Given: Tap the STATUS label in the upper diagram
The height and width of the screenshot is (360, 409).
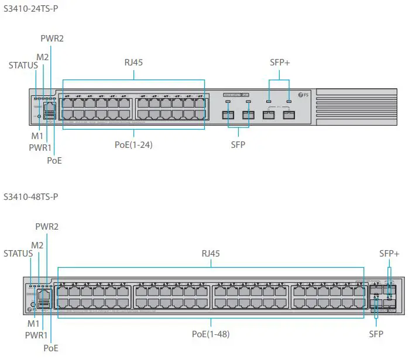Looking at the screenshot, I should pyautogui.click(x=23, y=65).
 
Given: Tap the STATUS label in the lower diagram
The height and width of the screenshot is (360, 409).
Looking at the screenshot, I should pyautogui.click(x=18, y=254).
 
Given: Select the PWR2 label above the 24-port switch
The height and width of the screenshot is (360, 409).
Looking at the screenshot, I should pyautogui.click(x=52, y=38).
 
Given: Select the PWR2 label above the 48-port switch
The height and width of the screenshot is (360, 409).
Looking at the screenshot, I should pyautogui.click(x=47, y=227).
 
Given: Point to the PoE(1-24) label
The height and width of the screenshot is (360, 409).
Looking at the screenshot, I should pyautogui.click(x=133, y=145).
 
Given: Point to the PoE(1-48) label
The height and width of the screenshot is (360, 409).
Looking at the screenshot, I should pyautogui.click(x=211, y=334).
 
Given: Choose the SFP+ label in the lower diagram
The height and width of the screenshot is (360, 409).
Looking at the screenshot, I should pyautogui.click(x=389, y=254).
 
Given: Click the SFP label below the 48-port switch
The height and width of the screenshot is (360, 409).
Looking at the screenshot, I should pyautogui.click(x=376, y=334).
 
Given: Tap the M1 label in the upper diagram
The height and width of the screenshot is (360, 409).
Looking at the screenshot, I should pyautogui.click(x=37, y=136).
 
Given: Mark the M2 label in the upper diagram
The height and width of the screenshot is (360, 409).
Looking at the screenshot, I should pyautogui.click(x=43, y=57).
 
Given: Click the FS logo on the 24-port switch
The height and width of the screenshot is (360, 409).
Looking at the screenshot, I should pyautogui.click(x=303, y=95).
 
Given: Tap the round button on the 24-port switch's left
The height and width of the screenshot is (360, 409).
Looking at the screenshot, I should pyautogui.click(x=39, y=116).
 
